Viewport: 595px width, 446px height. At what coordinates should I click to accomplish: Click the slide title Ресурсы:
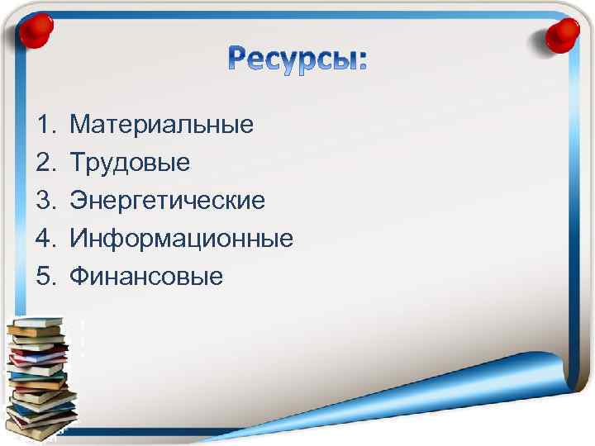tap(297, 59)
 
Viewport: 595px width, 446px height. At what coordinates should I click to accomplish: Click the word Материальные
tap(162, 125)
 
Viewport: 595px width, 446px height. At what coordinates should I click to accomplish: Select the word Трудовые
tap(130, 163)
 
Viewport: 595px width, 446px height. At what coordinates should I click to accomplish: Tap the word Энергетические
tap(168, 201)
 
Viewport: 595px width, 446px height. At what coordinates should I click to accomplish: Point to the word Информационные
tap(182, 239)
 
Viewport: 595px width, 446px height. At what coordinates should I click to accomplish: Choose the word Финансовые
tap(146, 277)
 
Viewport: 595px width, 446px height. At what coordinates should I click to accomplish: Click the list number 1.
tap(44, 125)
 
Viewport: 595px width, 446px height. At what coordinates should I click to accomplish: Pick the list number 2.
tap(44, 163)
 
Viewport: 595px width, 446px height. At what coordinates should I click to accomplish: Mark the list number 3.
tap(44, 201)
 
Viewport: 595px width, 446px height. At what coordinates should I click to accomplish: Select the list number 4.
tap(44, 239)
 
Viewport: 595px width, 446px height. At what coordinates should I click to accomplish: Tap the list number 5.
tap(44, 277)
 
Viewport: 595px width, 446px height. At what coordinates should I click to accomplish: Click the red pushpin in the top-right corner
tap(564, 34)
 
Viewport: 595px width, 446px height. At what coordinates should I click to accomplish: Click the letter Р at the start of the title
tap(239, 59)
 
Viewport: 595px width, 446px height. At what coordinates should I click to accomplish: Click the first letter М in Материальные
tap(81, 125)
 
